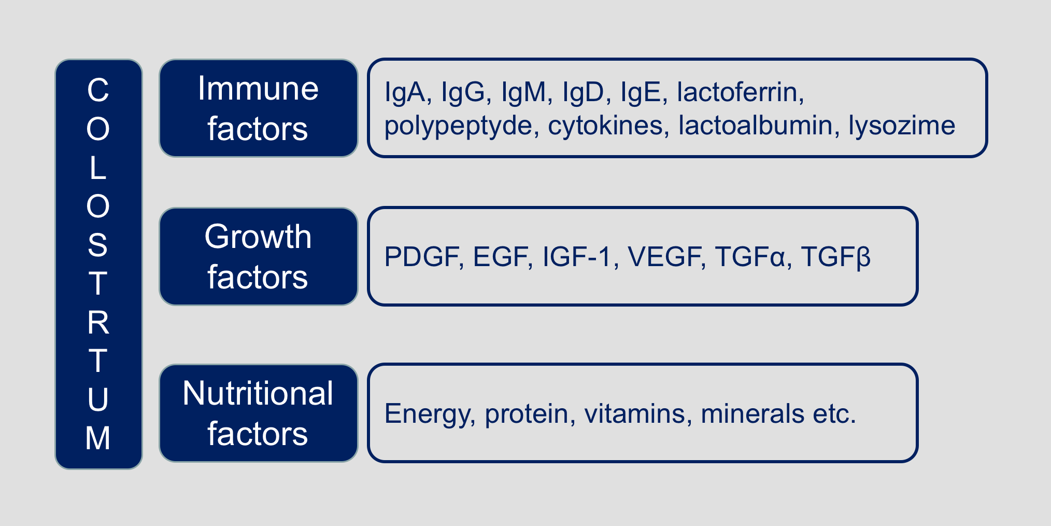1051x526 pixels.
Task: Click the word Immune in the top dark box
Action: pyautogui.click(x=258, y=88)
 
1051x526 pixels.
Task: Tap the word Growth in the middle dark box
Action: pyautogui.click(x=258, y=237)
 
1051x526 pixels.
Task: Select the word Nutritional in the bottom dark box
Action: pyautogui.click(x=258, y=393)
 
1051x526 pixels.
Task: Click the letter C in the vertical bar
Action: pyautogui.click(x=98, y=90)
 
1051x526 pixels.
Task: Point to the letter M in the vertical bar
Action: pyautogui.click(x=98, y=438)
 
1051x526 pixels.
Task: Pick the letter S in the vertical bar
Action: pyautogui.click(x=98, y=245)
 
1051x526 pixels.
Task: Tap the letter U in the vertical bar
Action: pyautogui.click(x=98, y=399)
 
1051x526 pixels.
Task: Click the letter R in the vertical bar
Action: pyautogui.click(x=98, y=322)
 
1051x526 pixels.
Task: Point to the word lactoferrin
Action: pyautogui.click(x=741, y=92)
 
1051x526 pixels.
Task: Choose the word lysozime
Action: pyautogui.click(x=902, y=126)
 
